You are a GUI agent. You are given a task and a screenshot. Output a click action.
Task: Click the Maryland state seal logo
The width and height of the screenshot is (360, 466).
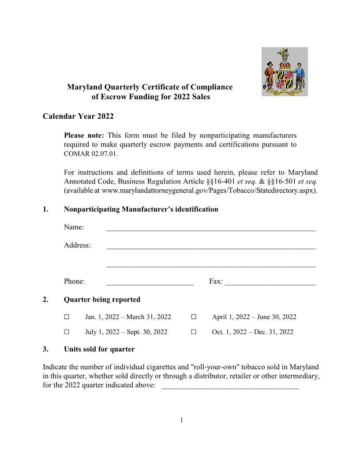(x=285, y=71)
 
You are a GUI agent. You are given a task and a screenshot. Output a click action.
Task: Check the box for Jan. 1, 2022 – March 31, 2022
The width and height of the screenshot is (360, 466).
(x=67, y=317)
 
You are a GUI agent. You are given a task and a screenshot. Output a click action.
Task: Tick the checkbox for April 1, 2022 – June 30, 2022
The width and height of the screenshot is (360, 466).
(x=194, y=317)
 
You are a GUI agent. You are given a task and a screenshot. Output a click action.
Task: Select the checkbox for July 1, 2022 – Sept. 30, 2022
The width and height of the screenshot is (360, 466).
(x=67, y=332)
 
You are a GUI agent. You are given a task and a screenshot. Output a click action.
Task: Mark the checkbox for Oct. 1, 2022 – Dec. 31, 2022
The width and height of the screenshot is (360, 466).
(x=194, y=332)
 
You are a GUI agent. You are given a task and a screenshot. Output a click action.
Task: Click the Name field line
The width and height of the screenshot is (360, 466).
(x=211, y=228)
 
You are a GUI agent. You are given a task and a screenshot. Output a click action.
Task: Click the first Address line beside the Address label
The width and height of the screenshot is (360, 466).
(x=211, y=246)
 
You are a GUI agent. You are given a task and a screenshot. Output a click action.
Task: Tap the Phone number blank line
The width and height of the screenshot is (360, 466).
(x=150, y=282)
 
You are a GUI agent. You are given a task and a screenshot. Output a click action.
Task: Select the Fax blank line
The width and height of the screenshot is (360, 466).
(x=270, y=282)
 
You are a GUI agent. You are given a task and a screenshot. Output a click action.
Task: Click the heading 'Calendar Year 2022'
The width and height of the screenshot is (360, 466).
(x=78, y=116)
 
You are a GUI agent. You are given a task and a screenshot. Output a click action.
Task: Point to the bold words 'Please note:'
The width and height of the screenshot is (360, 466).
(x=84, y=135)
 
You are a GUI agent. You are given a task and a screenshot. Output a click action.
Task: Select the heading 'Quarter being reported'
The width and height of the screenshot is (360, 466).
(x=102, y=300)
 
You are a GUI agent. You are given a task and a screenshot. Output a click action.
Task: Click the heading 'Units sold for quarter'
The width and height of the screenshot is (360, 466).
(x=99, y=349)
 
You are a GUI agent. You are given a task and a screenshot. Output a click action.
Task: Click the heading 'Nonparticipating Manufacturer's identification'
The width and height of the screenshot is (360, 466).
(x=141, y=209)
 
